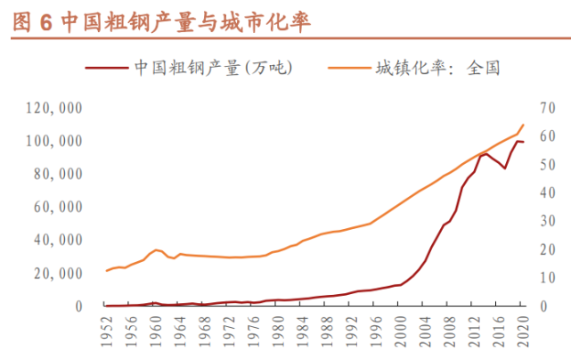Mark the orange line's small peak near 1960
click(156, 250)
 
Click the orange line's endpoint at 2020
click(523, 125)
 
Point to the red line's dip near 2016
click(504, 168)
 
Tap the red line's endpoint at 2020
click(523, 142)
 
